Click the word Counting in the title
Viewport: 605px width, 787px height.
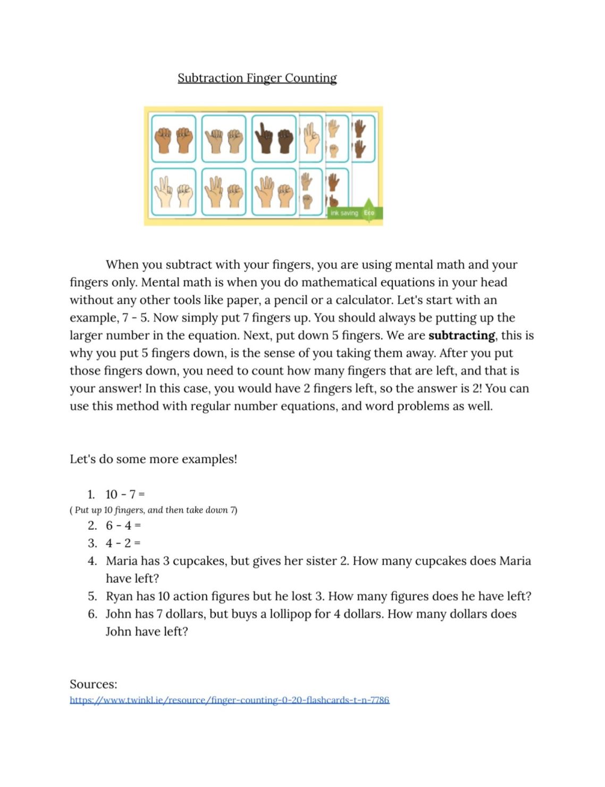310,78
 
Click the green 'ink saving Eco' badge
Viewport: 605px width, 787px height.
354,213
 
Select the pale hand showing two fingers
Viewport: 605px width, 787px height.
162,191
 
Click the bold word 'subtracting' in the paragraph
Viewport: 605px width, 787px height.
461,336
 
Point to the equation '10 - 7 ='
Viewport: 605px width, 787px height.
125,495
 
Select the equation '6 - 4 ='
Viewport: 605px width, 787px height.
123,526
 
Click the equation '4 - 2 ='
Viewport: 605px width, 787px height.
123,543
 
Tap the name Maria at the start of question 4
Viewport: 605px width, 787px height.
123,561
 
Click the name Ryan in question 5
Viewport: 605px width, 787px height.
119,597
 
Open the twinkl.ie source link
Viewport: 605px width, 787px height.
229,700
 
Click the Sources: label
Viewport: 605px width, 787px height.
94,684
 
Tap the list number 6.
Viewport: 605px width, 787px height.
93,614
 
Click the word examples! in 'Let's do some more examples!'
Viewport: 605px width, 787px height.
209,459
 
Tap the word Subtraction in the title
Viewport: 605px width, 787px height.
210,78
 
